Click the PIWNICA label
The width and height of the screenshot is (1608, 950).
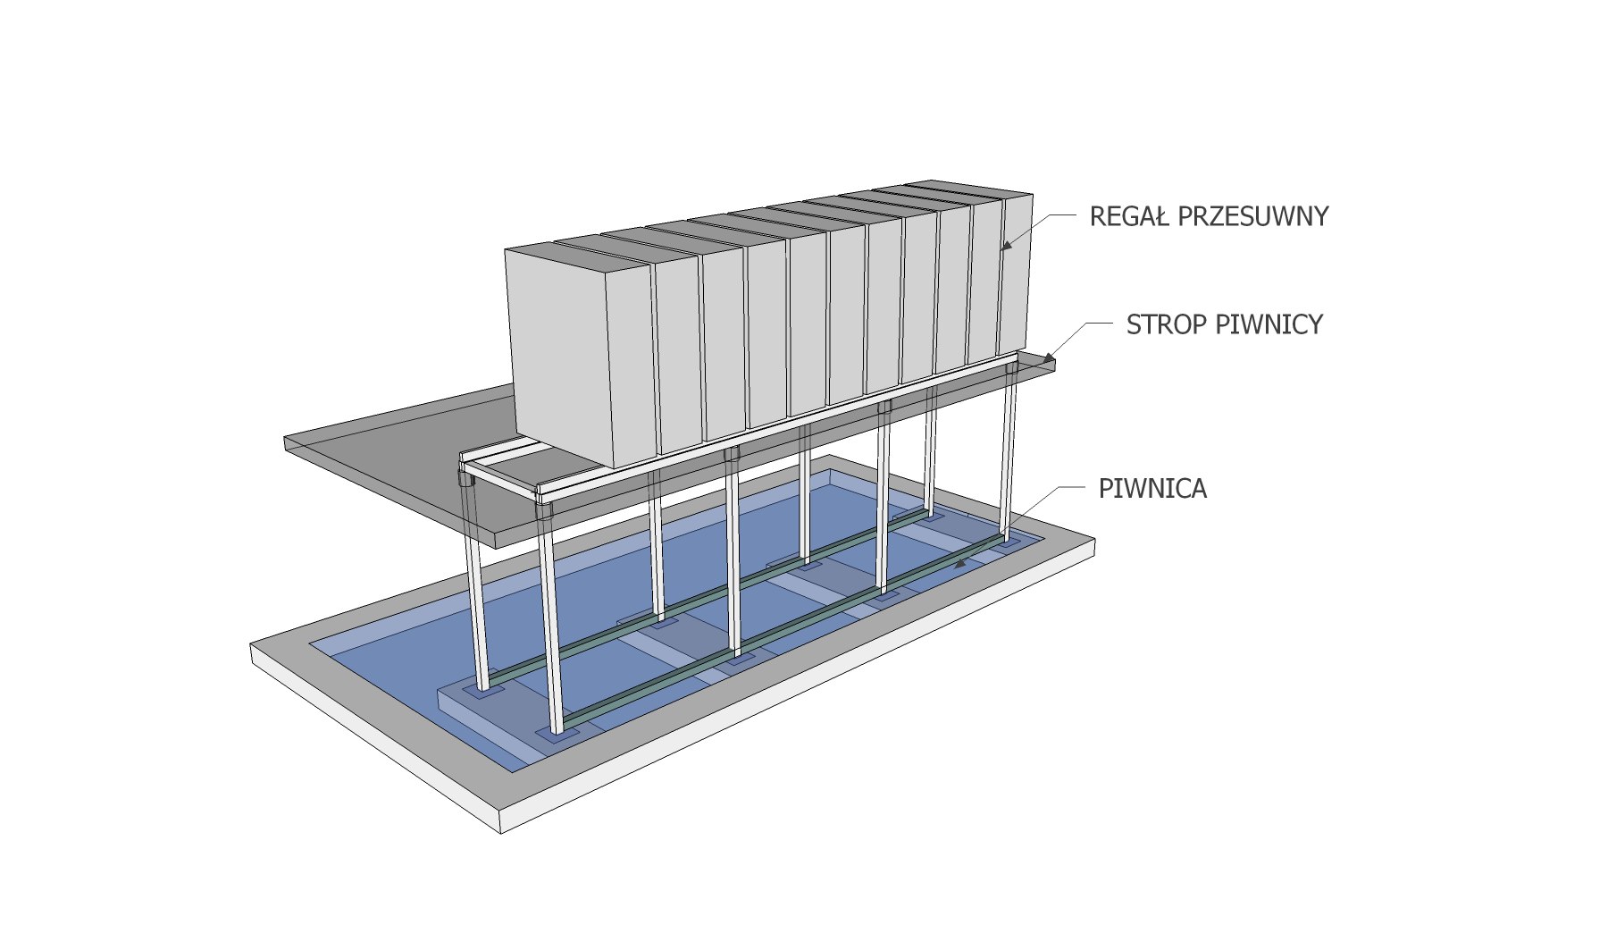tap(1152, 489)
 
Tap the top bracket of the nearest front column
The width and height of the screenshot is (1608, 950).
tap(544, 510)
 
